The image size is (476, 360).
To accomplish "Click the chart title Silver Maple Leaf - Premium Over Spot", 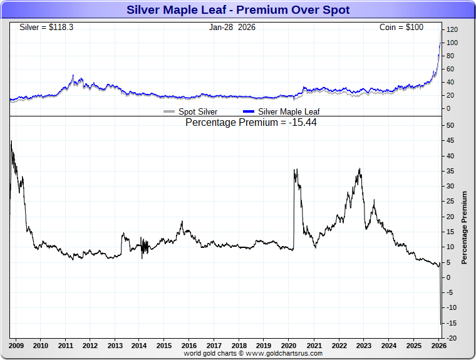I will tap(238, 9).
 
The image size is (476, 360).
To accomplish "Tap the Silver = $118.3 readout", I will tap(43, 28).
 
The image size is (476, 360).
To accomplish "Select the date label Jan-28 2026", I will tap(232, 28).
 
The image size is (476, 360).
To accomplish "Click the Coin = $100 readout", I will tap(401, 28).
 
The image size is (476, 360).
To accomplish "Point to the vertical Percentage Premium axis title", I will tap(464, 227).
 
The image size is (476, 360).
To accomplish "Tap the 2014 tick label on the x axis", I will tap(140, 345).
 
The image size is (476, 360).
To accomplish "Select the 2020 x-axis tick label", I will tap(289, 345).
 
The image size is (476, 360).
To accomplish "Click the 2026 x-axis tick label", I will tap(438, 345).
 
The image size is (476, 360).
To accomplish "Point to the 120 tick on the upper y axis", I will tap(452, 29).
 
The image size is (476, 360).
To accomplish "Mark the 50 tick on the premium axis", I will tap(450, 126).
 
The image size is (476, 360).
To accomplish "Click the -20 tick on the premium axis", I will tap(450, 338).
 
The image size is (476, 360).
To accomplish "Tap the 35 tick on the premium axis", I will tap(450, 187).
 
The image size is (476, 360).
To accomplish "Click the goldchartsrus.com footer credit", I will tap(253, 353).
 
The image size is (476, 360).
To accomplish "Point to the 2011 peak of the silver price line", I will tap(73, 76).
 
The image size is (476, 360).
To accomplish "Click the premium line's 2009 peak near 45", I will tap(11, 141).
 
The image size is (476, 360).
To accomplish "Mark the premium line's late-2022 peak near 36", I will tap(360, 168).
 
